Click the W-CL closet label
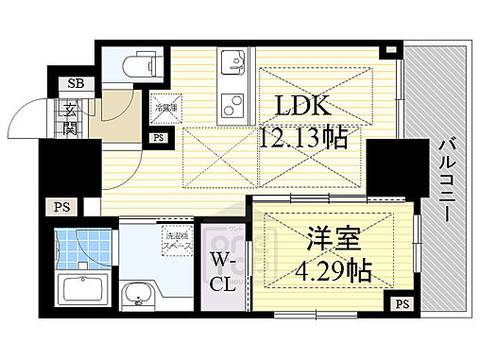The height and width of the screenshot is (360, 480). pyautogui.click(x=223, y=269)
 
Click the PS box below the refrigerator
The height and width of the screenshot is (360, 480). pyautogui.click(x=156, y=139)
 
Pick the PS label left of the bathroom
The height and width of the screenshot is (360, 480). pyautogui.click(x=61, y=207)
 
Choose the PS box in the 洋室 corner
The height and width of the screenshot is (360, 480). pyautogui.click(x=402, y=304)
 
